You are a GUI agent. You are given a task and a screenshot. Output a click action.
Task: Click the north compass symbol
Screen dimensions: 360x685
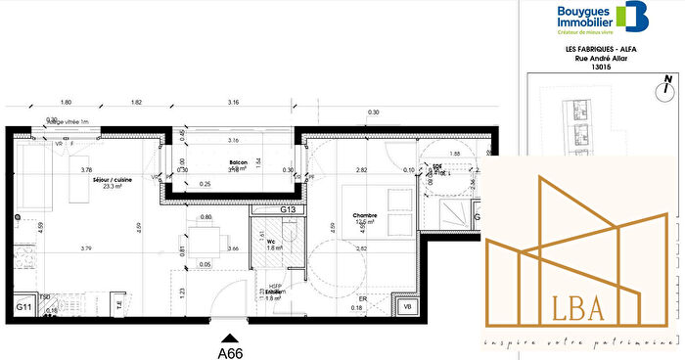click(x=665, y=90)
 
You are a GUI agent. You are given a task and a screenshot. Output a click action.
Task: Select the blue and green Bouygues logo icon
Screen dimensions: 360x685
click(x=632, y=17)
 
